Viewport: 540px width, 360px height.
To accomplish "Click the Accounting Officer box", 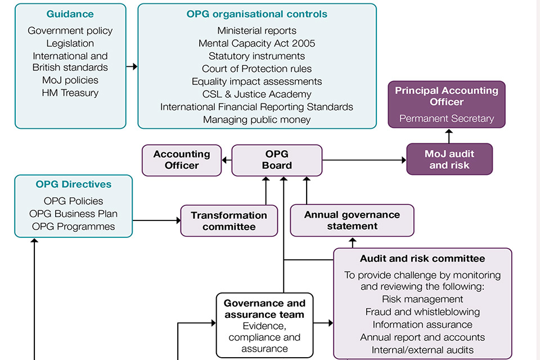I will [182, 160].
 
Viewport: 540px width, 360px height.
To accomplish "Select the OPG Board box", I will [277, 160].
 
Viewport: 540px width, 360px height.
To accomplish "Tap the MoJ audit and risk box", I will [449, 160].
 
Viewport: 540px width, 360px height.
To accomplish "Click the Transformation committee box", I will [229, 221].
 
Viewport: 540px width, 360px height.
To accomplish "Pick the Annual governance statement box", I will [352, 220].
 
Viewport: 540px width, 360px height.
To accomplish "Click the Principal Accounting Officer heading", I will [447, 96].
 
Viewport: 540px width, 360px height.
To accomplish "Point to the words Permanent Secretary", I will [447, 119].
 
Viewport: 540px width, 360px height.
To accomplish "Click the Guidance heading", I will [70, 14].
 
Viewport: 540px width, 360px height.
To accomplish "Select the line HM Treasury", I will [70, 93].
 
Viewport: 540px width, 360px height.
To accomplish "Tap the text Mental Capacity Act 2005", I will [256, 43].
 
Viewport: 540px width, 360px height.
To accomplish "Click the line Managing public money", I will [256, 119].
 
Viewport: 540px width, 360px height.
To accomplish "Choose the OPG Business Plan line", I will [74, 214].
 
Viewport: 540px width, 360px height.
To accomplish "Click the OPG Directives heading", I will [74, 184].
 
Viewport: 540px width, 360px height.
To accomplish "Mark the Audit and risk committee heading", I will [422, 259].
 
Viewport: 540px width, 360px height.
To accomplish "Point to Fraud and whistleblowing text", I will [422, 312].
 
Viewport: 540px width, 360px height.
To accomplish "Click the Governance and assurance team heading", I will [265, 309].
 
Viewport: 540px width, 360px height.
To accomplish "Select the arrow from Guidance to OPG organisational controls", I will [132, 66].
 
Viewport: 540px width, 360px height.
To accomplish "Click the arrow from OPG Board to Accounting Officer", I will [227, 160].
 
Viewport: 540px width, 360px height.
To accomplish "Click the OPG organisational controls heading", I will [256, 14].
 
